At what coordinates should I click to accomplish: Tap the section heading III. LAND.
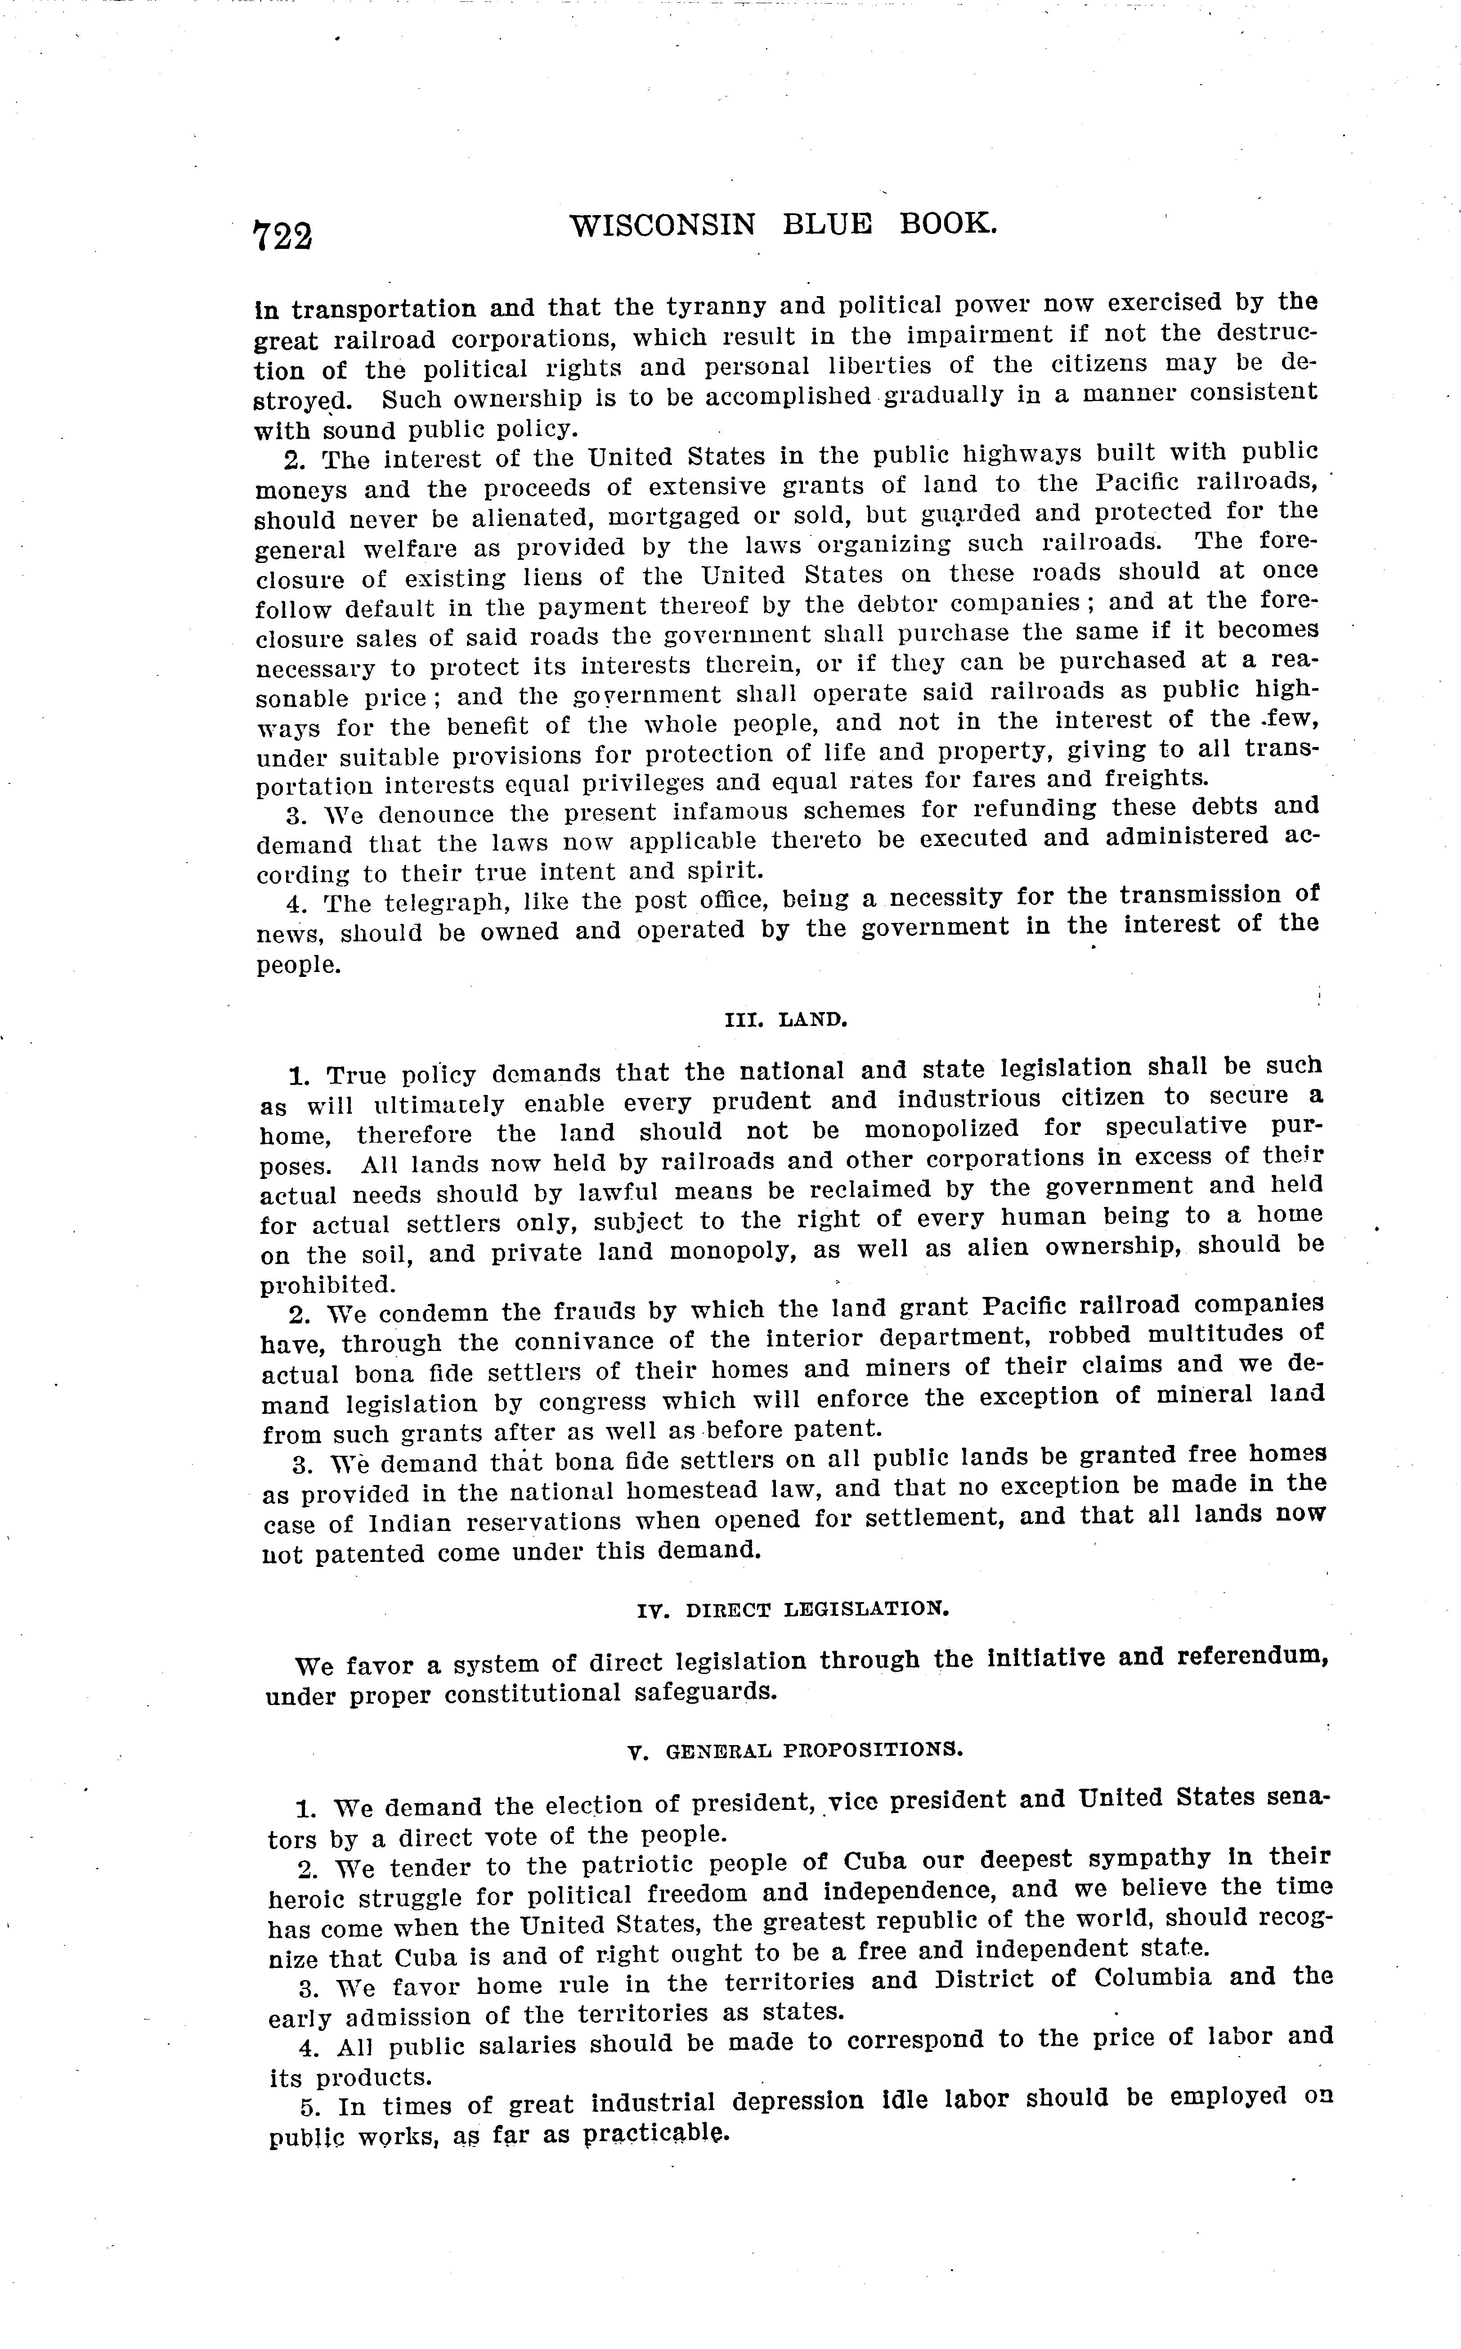[x=785, y=1019]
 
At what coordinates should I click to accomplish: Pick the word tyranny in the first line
[x=717, y=306]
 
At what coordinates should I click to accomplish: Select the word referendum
[x=1252, y=1655]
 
